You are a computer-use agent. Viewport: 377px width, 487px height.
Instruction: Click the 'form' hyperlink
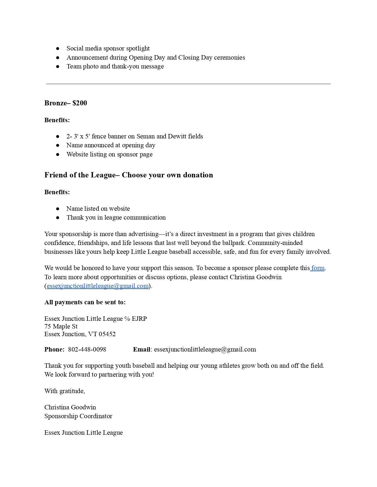pos(318,268)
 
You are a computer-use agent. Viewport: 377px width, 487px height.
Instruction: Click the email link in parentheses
pos(98,286)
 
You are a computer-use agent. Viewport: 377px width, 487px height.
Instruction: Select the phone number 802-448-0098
pos(87,349)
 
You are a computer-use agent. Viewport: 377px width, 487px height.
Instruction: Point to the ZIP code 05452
pos(107,334)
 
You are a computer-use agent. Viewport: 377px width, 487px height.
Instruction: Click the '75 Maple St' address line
pos(61,326)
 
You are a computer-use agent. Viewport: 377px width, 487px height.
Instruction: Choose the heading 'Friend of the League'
pos(80,175)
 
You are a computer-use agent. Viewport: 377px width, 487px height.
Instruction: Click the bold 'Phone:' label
pos(54,349)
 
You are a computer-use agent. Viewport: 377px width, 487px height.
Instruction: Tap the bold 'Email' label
pos(142,349)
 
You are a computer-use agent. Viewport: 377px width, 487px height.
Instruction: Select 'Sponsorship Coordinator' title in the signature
pos(78,416)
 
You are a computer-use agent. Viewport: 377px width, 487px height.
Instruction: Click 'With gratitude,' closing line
pos(64,391)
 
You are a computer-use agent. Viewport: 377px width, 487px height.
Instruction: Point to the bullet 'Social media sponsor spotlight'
pos(108,48)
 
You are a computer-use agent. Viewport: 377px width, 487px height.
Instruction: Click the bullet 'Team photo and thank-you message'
pos(115,66)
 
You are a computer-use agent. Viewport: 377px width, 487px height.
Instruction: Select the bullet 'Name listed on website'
pos(98,209)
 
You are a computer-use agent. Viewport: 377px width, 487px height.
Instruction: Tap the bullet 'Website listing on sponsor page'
pos(109,154)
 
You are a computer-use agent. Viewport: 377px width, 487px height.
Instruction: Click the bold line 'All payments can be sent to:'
pos(85,302)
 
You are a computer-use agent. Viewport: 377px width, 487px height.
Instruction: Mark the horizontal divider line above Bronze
pos(188,84)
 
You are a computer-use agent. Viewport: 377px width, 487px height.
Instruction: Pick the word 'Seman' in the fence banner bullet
pos(145,136)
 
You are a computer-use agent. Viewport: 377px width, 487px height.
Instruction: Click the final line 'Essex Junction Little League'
pos(83,433)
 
